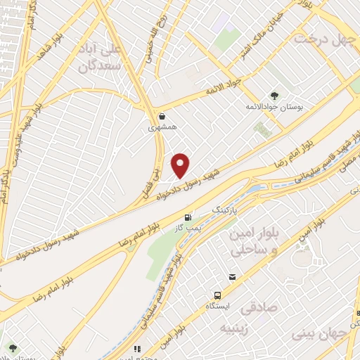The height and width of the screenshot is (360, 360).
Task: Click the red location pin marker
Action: coord(181,165)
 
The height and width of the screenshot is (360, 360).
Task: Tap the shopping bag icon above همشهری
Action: coord(162,117)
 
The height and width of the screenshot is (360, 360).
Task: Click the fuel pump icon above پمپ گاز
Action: coord(188,217)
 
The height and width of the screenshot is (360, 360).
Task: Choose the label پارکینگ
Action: coord(226,210)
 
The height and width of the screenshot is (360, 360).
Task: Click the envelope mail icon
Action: coord(232,277)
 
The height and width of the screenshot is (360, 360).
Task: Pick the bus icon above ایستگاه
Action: coord(219,295)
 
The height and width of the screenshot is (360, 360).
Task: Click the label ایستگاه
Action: coord(218,307)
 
